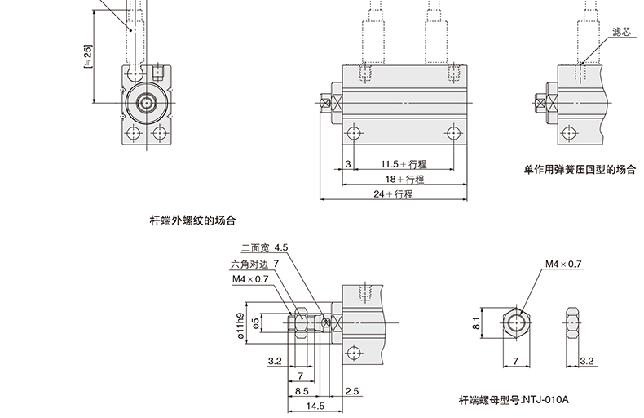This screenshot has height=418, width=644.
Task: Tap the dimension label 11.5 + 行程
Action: (403, 164)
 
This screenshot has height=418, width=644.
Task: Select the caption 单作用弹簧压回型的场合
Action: (579, 171)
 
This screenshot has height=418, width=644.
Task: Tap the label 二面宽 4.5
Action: (265, 247)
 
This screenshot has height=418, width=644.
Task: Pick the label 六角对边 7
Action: (254, 264)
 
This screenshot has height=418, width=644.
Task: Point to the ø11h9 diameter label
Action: (240, 324)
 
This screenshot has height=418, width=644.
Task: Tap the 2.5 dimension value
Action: (352, 391)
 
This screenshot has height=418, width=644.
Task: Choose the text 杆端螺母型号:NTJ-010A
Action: (513, 401)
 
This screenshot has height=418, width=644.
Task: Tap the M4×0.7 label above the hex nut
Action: (563, 265)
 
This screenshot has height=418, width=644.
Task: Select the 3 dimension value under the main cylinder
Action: (347, 164)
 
